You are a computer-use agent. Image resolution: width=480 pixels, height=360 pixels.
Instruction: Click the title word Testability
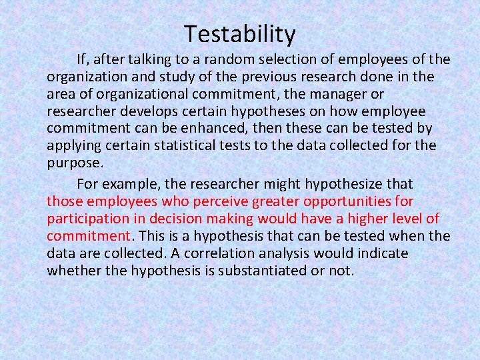coord(240,33)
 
